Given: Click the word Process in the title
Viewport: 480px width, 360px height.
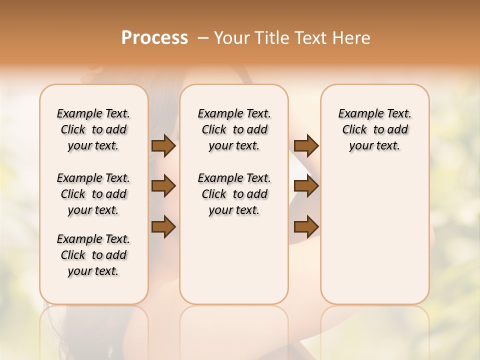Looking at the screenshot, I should pyautogui.click(x=154, y=38).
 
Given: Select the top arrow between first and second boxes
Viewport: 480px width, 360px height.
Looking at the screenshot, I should pyautogui.click(x=163, y=146).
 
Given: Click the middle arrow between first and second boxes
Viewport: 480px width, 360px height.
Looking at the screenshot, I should pyautogui.click(x=163, y=186).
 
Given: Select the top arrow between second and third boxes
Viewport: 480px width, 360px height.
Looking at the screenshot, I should pyautogui.click(x=306, y=146).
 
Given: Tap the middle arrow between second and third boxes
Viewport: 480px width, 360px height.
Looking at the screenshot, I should pyautogui.click(x=306, y=186).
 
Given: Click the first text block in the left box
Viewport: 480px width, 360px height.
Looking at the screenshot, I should pyautogui.click(x=93, y=129).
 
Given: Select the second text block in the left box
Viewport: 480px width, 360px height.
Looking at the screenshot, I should pyautogui.click(x=93, y=194).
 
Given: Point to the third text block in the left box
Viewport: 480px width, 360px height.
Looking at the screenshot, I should pyautogui.click(x=93, y=255).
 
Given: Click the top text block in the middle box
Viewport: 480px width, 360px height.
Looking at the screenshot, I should pyautogui.click(x=234, y=129).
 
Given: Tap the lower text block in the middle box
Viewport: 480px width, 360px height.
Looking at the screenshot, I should pyautogui.click(x=234, y=194).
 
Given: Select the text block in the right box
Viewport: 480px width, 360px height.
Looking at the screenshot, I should pyautogui.click(x=374, y=129).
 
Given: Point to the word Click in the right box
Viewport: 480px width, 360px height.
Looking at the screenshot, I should pyautogui.click(x=354, y=130).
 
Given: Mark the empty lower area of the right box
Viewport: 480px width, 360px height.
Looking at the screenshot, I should pyautogui.click(x=374, y=235).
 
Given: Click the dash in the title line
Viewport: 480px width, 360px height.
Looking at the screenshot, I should pyautogui.click(x=203, y=38).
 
